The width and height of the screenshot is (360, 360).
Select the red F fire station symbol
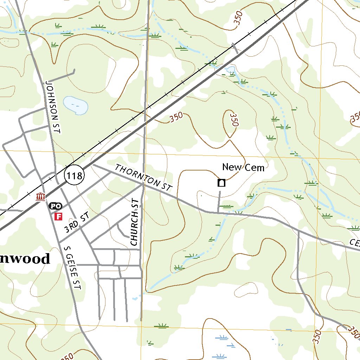pos(58,216)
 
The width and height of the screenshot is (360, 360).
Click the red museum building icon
pos(41,197)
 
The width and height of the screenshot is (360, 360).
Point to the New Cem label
pos(243,167)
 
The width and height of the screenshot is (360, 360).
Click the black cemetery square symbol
pos(221,182)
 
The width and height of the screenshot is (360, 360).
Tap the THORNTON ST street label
pos(144,178)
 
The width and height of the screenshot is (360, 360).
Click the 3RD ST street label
pos(76,223)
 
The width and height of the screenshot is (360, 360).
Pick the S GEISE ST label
pos(73,267)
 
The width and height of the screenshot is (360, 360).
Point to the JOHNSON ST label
pos(53,107)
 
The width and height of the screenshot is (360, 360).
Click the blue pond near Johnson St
pos(75,105)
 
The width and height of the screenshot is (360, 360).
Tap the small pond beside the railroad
pos(230,69)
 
